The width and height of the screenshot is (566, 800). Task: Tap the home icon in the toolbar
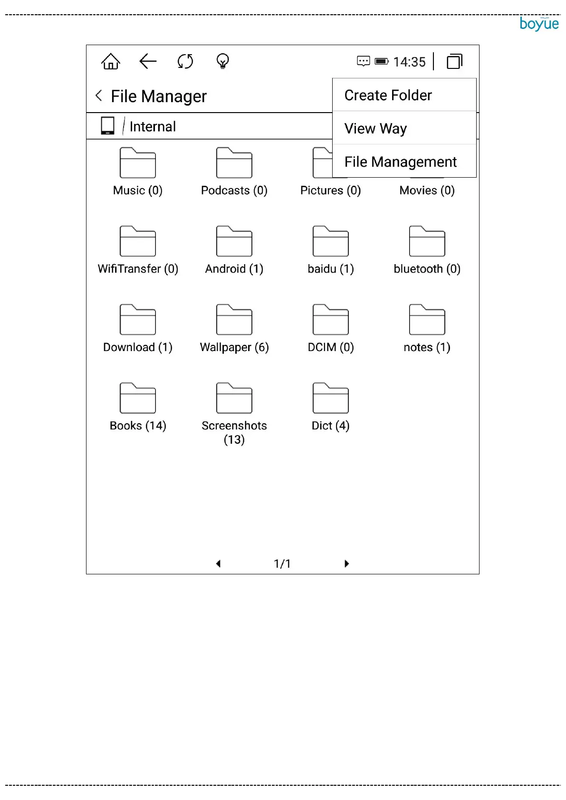click(x=111, y=61)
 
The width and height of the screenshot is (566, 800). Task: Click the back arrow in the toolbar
click(x=148, y=61)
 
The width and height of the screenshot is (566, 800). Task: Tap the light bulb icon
click(x=222, y=61)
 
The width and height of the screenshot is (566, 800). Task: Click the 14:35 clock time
click(x=409, y=62)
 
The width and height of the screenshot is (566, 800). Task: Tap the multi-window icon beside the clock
click(x=454, y=61)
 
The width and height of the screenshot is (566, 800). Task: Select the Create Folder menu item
click(x=388, y=95)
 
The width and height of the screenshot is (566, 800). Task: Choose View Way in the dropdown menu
click(x=375, y=129)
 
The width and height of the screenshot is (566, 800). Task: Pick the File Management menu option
click(x=400, y=162)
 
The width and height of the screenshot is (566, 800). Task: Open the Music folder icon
click(x=138, y=163)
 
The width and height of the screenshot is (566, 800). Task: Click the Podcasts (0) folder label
click(x=234, y=190)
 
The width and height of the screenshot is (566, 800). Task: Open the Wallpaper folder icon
click(x=234, y=320)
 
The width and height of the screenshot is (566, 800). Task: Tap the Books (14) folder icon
click(x=138, y=398)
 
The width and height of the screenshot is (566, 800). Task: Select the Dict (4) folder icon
click(x=331, y=398)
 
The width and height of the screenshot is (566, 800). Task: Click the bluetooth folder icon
click(x=427, y=241)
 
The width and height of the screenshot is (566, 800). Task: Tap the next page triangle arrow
click(x=346, y=563)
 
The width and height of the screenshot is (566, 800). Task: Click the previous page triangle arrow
click(x=218, y=563)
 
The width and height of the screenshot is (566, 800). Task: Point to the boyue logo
click(x=539, y=24)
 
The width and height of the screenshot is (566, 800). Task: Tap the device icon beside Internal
click(x=108, y=126)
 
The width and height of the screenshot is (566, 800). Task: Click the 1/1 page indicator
click(x=282, y=564)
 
